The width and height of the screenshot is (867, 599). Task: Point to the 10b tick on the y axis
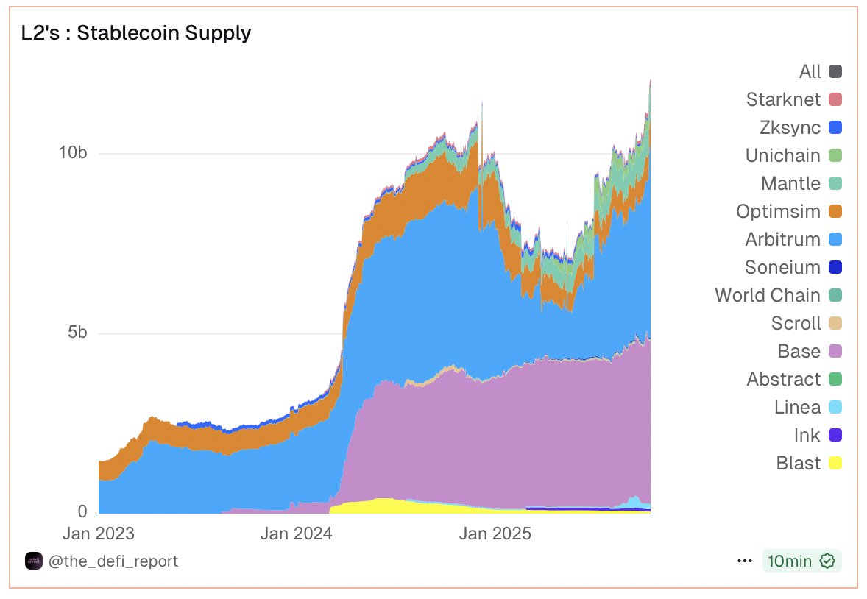coord(73,153)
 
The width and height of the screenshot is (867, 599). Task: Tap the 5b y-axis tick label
coord(77,333)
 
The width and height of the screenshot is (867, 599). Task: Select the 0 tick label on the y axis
coord(82,511)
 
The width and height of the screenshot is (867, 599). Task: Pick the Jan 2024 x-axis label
coord(296,534)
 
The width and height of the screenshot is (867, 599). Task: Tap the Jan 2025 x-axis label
coord(495,534)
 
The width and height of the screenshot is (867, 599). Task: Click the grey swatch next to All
coord(835,71)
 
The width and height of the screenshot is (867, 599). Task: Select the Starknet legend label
coord(783,99)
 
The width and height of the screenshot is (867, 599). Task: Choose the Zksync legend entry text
coord(790,127)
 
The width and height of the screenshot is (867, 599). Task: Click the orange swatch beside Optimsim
coord(835,211)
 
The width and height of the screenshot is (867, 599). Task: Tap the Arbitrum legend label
coord(782,239)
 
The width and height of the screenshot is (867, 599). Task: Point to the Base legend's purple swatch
coord(835,351)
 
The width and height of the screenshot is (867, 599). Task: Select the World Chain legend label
coord(767,295)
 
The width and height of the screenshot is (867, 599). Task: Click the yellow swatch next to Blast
coord(835,463)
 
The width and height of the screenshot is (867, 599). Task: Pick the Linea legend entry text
coord(797,407)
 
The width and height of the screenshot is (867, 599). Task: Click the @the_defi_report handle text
coord(113,561)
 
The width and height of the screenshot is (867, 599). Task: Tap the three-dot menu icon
coord(745,561)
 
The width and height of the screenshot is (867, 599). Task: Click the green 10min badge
coord(801,561)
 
